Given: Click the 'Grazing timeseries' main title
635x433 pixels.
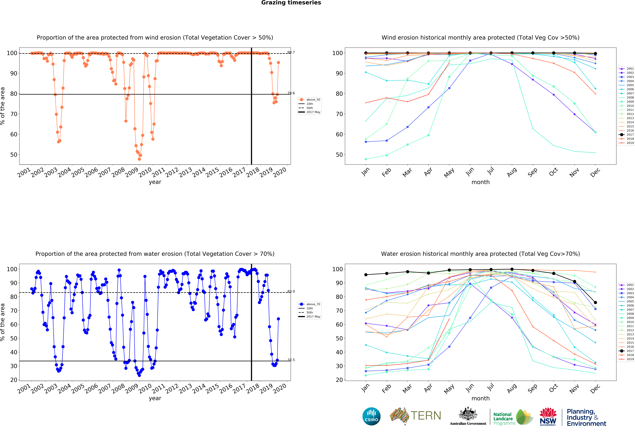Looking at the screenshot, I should coord(291,3).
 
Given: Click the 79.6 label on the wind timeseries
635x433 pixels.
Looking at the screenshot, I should coord(291,93).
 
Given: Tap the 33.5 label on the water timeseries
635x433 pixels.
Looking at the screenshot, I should coord(291,360).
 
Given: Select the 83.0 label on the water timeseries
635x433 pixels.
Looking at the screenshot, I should coord(291,291).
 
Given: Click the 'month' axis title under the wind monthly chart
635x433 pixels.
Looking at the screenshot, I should coord(480,182).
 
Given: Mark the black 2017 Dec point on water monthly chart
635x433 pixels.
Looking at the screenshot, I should coord(595,303).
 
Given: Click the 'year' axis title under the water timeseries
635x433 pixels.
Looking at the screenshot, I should coord(155,398).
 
